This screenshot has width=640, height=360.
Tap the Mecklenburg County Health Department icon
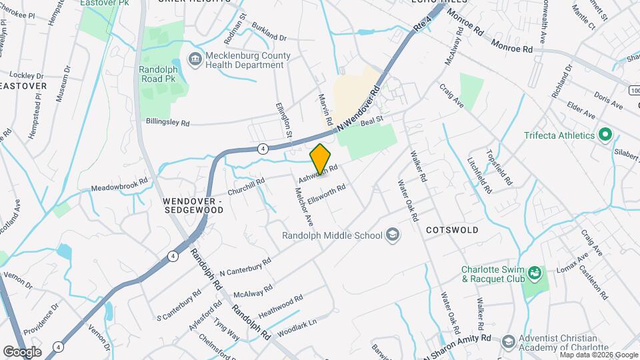pyautogui.click(x=195, y=59)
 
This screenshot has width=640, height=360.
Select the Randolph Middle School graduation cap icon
pyautogui.click(x=393, y=235)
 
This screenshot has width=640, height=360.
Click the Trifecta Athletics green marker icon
pyautogui.click(x=605, y=135)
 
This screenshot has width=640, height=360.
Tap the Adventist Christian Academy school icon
pyautogui.click(x=508, y=342)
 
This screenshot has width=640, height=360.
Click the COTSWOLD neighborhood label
pyautogui.click(x=452, y=230)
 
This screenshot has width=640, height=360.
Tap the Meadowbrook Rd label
pyautogui.click(x=119, y=188)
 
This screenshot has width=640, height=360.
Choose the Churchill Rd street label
pyautogui.click(x=247, y=186)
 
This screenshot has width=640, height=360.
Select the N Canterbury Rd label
pyautogui.click(x=245, y=267)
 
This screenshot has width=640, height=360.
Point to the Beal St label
pyautogui.click(x=372, y=119)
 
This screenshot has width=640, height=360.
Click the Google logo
pyautogui.click(x=22, y=351)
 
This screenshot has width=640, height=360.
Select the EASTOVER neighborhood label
pyautogui.click(x=23, y=86)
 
